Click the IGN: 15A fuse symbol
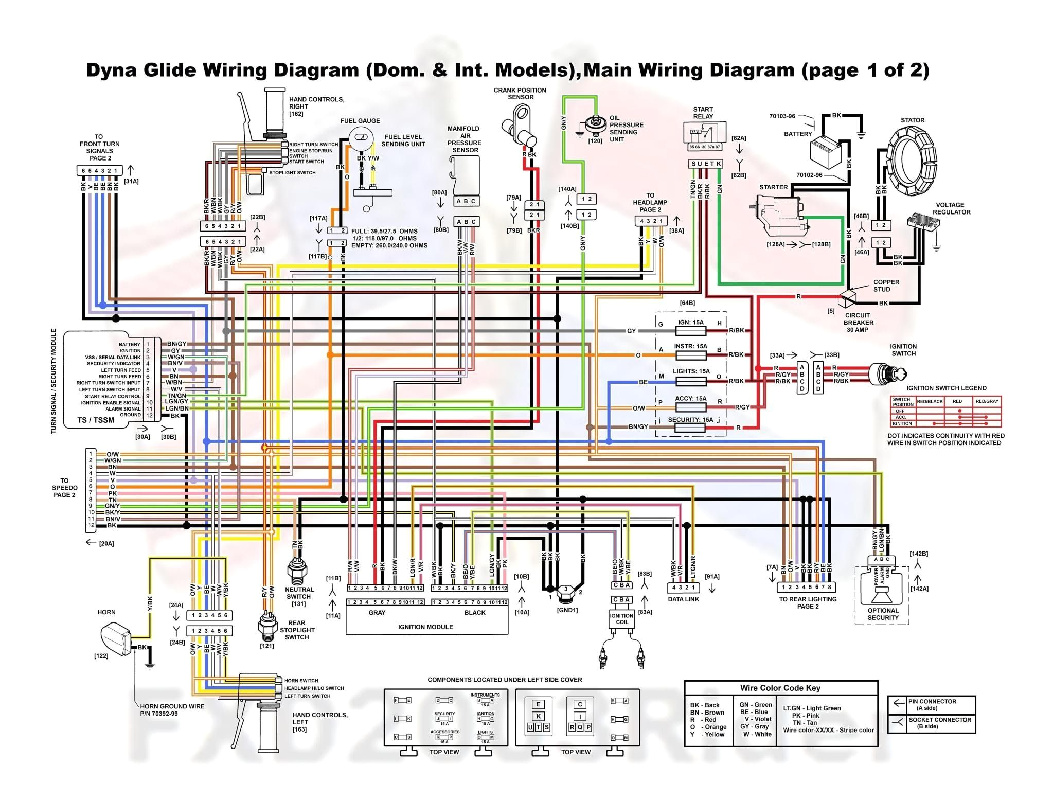690,331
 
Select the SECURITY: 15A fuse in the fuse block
690,428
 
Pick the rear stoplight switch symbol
267,626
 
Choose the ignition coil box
621,619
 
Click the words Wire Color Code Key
780,688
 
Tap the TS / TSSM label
96,420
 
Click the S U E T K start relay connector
706,164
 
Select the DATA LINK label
683,599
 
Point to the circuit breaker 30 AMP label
858,323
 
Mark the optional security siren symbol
883,594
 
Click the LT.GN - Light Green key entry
812,708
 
